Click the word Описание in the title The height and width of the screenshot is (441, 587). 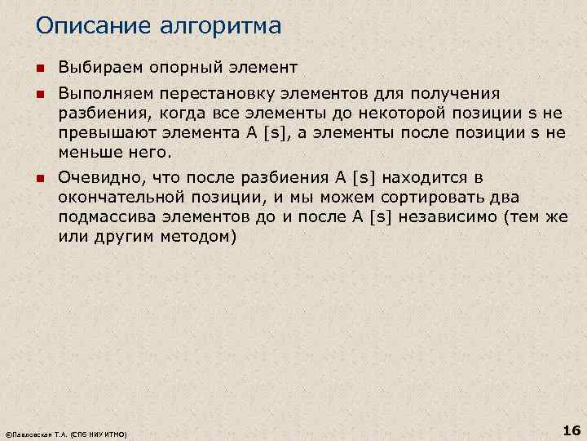tap(89, 26)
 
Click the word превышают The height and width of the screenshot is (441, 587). tap(101, 132)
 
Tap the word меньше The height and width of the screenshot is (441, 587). tap(86, 151)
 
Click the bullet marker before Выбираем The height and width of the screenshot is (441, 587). tap(39, 66)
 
